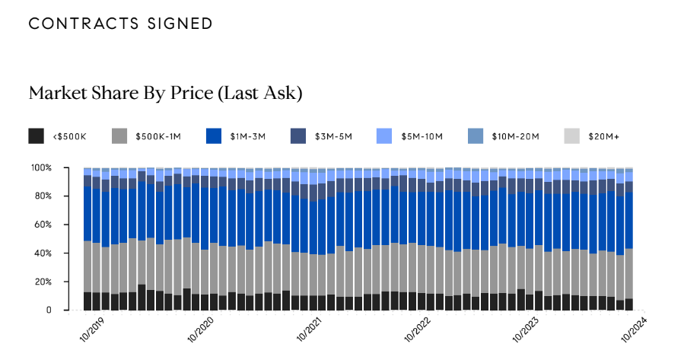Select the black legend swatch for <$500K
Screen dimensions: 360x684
(36, 136)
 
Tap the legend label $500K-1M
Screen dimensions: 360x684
(157, 137)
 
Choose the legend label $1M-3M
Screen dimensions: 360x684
(249, 137)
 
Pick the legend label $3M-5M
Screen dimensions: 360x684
(333, 137)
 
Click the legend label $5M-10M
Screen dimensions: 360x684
(423, 137)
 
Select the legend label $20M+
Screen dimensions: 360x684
(603, 137)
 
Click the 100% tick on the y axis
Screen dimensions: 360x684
(41, 167)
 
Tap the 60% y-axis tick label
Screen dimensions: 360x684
(43, 225)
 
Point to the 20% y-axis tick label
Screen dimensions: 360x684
(43, 282)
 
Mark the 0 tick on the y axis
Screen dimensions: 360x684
(48, 311)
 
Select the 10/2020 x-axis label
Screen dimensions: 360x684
(199, 331)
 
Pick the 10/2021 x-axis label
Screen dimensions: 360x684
(307, 331)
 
